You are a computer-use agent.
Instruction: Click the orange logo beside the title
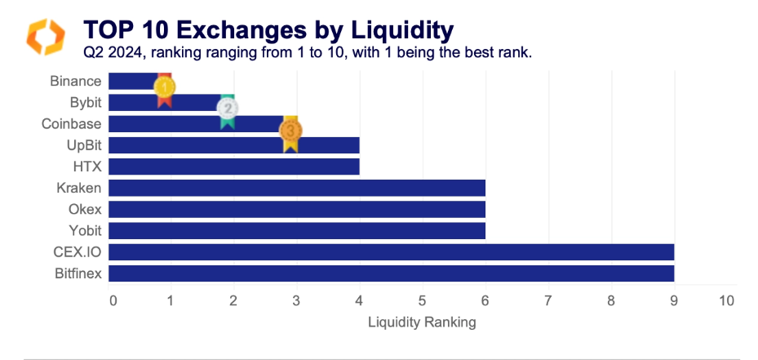[46, 37]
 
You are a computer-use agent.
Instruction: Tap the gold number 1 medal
[165, 87]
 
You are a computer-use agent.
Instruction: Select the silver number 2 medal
[228, 109]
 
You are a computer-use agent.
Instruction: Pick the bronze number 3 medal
[290, 131]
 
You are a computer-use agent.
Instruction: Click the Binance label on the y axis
[76, 81]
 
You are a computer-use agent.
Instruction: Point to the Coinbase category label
[72, 124]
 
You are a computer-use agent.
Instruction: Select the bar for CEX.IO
[391, 251]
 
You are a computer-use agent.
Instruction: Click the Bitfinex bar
[391, 273]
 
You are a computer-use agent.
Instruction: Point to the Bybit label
[86, 103]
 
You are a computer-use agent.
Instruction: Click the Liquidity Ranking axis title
[422, 322]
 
